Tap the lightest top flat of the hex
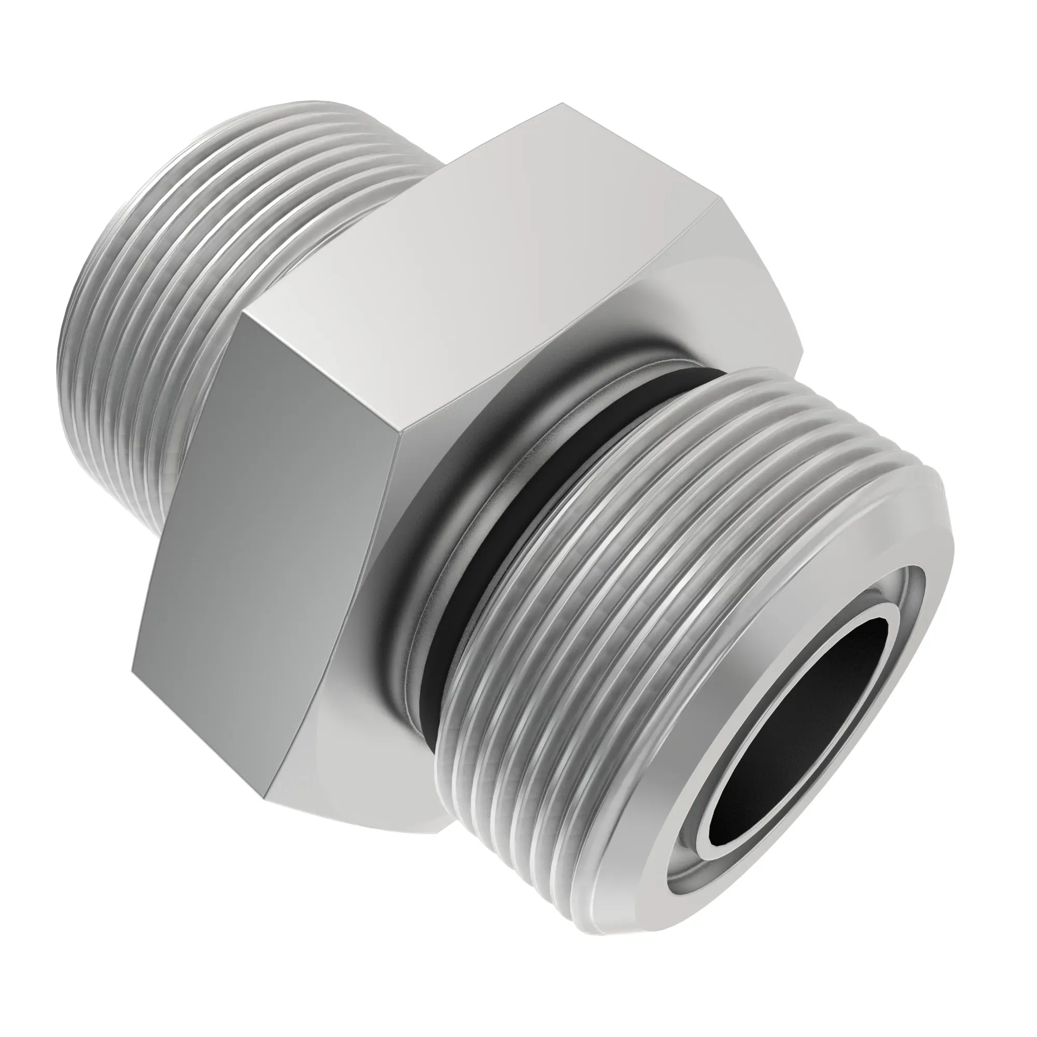point(483,258)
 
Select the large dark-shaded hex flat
point(269,537)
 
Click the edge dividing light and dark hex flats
point(322,370)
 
